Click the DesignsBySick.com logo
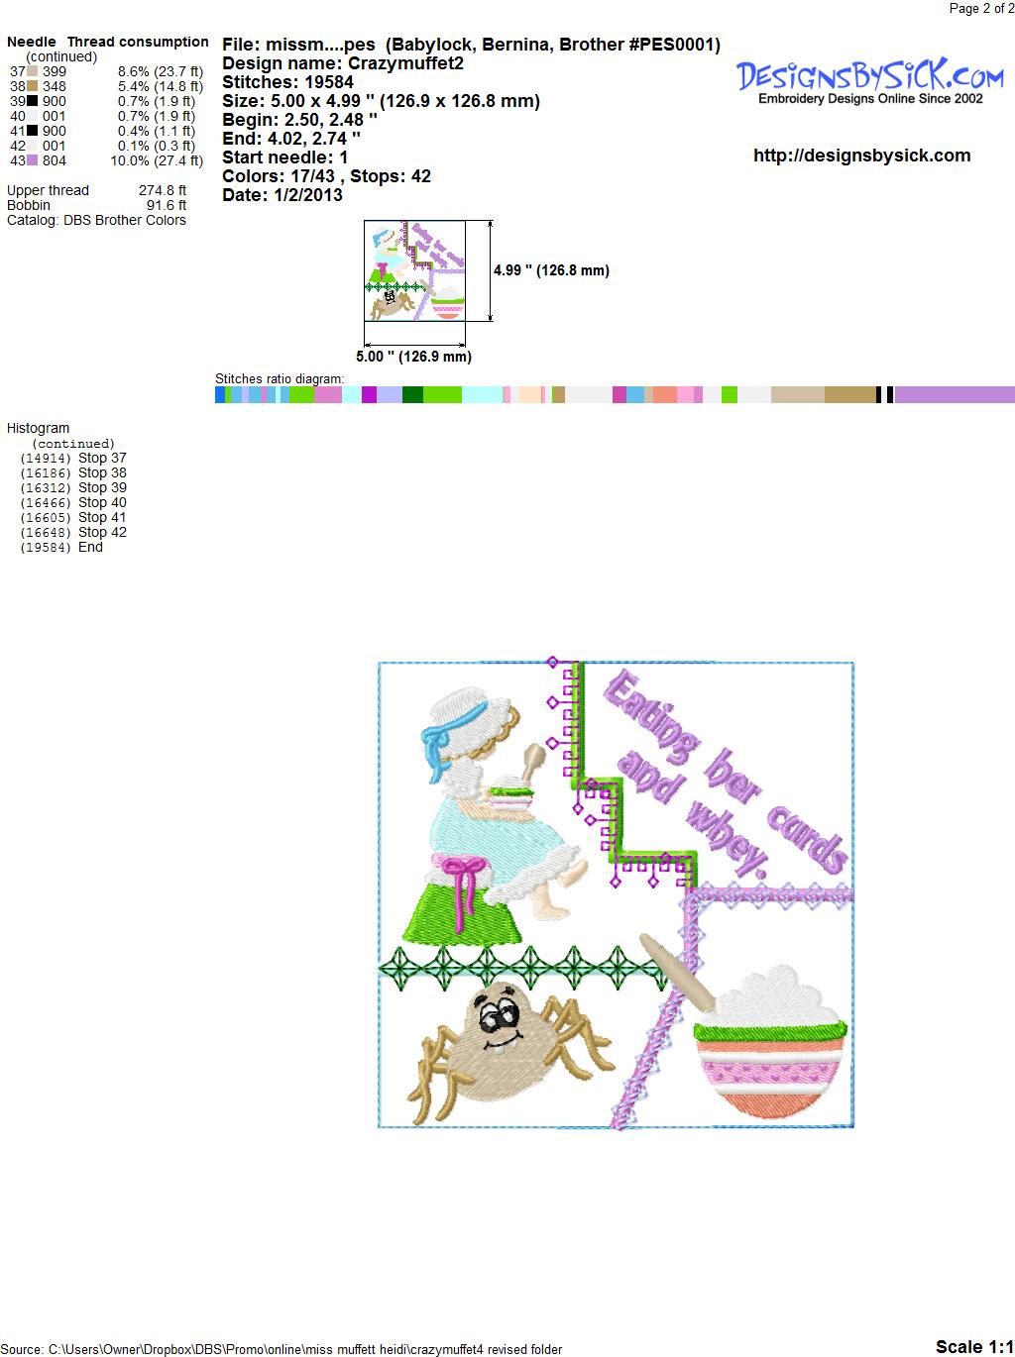tap(869, 81)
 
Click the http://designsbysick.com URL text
tap(861, 156)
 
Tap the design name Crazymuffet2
tap(405, 63)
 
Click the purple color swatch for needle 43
tap(32, 160)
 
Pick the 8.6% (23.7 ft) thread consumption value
tap(161, 71)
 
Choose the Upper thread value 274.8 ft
tap(162, 190)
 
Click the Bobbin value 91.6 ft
tap(166, 205)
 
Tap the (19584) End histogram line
tap(61, 547)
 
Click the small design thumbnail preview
tap(414, 270)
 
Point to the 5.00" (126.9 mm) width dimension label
tap(413, 357)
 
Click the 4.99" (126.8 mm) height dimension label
tap(551, 270)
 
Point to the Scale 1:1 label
tap(974, 1346)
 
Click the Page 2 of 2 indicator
tap(981, 9)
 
